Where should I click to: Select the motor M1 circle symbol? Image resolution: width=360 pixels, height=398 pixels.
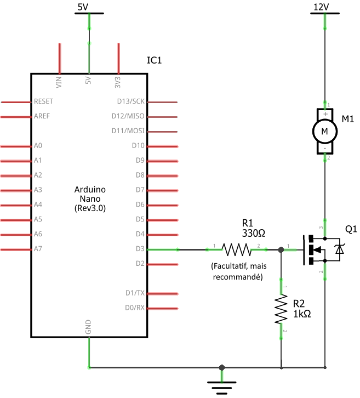325,131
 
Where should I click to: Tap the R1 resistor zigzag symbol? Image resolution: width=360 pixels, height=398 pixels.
236,249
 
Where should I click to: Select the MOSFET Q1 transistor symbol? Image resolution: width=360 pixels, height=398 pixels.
323,249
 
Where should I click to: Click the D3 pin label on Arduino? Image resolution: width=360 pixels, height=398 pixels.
139,249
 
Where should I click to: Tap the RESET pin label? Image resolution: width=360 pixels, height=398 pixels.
44,102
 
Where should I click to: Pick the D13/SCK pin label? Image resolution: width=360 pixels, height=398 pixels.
131,102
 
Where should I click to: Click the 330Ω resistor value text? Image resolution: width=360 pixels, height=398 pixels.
254,233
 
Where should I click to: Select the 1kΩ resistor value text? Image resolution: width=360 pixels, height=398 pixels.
302,314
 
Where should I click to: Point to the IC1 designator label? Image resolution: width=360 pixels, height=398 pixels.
155,60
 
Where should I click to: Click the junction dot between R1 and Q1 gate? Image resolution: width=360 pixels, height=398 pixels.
281,249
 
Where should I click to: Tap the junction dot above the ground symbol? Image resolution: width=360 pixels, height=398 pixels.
221,367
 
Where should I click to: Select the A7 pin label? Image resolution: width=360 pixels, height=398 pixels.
38,249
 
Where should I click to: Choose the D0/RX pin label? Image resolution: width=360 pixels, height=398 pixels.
134,308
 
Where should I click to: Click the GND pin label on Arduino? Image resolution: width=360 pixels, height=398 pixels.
88,328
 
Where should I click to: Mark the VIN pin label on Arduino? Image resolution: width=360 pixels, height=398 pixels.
59,82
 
